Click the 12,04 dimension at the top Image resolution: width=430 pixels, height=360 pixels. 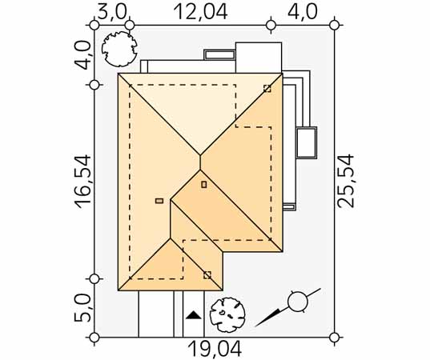(x=201, y=12)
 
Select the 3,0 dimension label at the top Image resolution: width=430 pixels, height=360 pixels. (x=112, y=12)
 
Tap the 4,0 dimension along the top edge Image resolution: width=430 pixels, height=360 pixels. (x=303, y=12)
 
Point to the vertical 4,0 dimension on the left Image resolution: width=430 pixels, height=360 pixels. (x=82, y=55)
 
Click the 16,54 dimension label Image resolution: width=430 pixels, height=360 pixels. (x=82, y=182)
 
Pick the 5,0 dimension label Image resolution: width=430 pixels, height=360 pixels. (x=82, y=308)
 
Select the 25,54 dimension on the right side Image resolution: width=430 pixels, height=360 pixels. (x=346, y=181)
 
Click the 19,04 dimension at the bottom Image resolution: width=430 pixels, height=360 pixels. (x=215, y=349)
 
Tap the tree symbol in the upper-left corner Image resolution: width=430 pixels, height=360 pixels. (x=119, y=49)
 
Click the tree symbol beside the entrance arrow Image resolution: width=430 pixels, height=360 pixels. (x=227, y=315)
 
